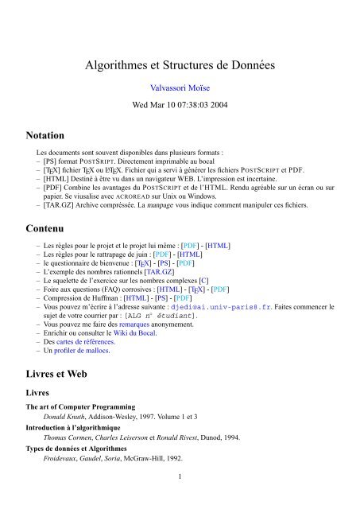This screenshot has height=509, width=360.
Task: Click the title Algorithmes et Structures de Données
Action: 180,67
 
